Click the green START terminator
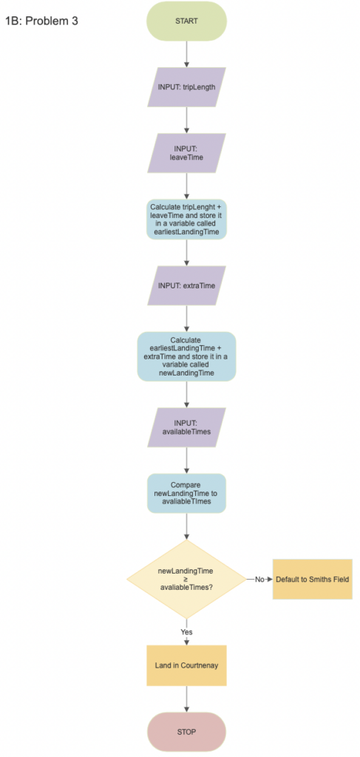click(186, 21)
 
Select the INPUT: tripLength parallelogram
click(186, 87)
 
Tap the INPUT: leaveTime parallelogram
click(186, 154)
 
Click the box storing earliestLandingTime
click(186, 220)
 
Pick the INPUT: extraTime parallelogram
click(186, 285)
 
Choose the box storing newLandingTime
click(186, 356)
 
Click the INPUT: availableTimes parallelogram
click(186, 428)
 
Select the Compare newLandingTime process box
click(186, 493)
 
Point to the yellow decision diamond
click(186, 579)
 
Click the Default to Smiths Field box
click(312, 579)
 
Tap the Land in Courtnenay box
click(186, 665)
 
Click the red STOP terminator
click(186, 732)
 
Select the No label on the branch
click(259, 579)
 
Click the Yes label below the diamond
click(186, 631)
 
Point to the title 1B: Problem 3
click(41, 21)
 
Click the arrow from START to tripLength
click(186, 55)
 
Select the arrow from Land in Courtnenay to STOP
click(186, 699)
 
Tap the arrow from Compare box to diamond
click(186, 526)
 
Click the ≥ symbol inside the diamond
click(186, 579)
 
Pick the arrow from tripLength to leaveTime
click(186, 120)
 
